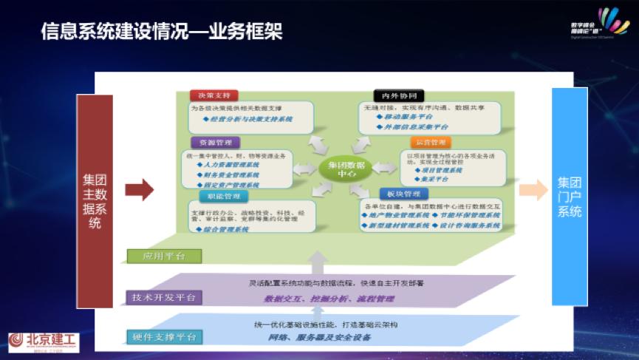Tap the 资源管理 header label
tap(214, 143)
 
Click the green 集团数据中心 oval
tap(344, 169)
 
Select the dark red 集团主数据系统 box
tap(95, 200)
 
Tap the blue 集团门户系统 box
tap(570, 196)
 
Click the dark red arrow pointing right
tap(139, 190)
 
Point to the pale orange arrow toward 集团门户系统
tap(533, 190)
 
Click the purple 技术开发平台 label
tap(163, 297)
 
